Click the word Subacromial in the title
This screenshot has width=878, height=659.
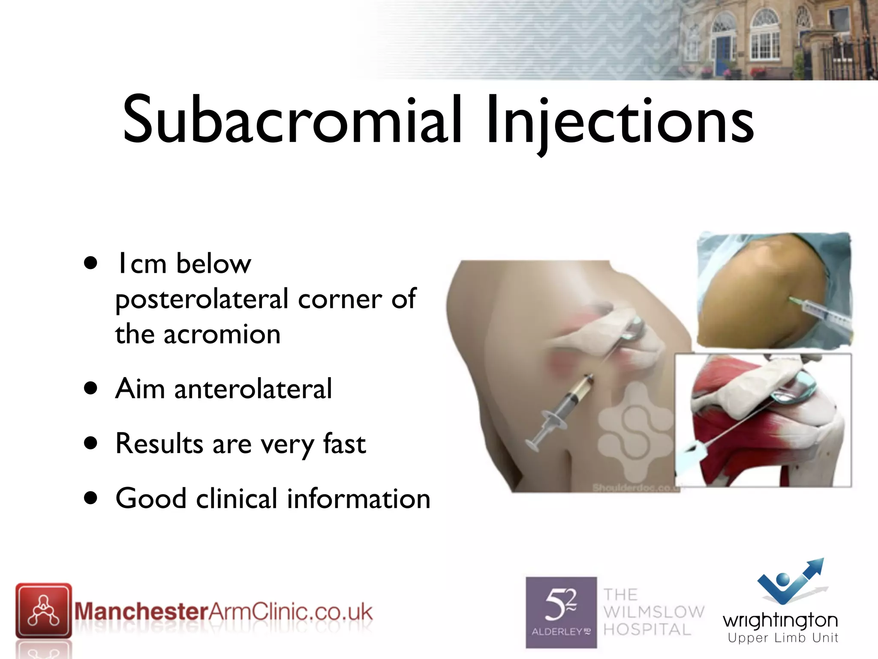pos(292,120)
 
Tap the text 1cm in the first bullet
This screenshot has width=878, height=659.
pos(141,263)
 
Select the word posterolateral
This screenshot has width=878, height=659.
pos(201,299)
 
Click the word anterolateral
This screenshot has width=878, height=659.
pos(253,389)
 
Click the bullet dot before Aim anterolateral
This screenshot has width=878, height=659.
pos(90,389)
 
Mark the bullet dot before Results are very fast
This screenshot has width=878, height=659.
pos(90,443)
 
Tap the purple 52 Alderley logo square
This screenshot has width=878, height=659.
pos(561,612)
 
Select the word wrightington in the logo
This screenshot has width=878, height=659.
pos(780,620)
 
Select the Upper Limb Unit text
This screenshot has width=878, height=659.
pos(783,638)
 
